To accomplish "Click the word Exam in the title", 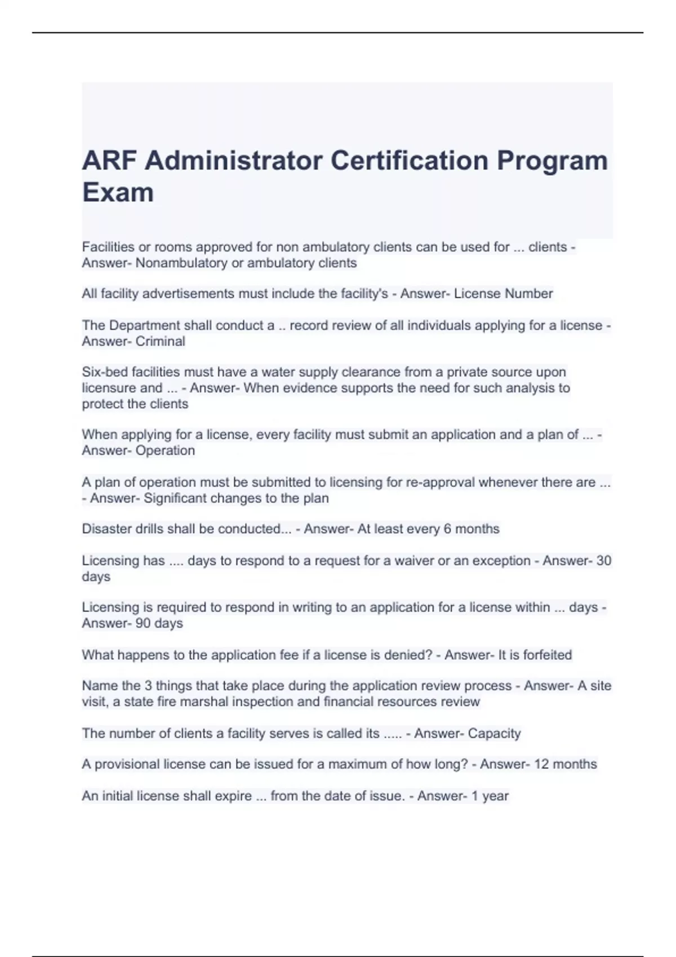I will click(118, 193).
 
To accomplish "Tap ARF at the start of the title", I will click(109, 160).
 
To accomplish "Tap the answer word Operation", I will click(165, 450).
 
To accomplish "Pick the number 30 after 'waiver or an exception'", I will click(603, 561).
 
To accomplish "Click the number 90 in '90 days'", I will click(143, 623).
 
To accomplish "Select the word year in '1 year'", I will click(496, 796).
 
